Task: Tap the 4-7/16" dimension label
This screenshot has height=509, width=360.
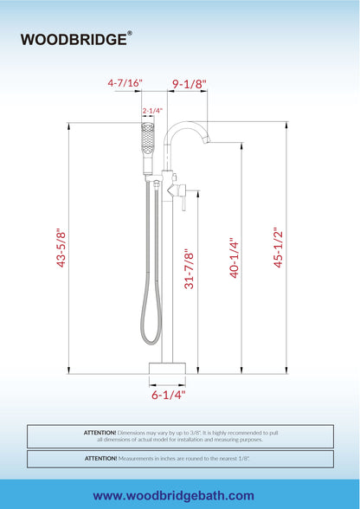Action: point(125,83)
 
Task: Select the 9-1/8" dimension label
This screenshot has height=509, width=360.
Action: point(190,84)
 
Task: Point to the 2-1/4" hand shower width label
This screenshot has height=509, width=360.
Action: point(152,111)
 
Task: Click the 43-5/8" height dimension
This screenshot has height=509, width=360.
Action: point(61,248)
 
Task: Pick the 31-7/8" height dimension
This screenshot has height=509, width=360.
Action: point(190,268)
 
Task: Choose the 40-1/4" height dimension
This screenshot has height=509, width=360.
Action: point(235,260)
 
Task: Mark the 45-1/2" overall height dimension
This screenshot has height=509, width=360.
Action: point(278,249)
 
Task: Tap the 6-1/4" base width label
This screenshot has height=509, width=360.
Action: point(168,395)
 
